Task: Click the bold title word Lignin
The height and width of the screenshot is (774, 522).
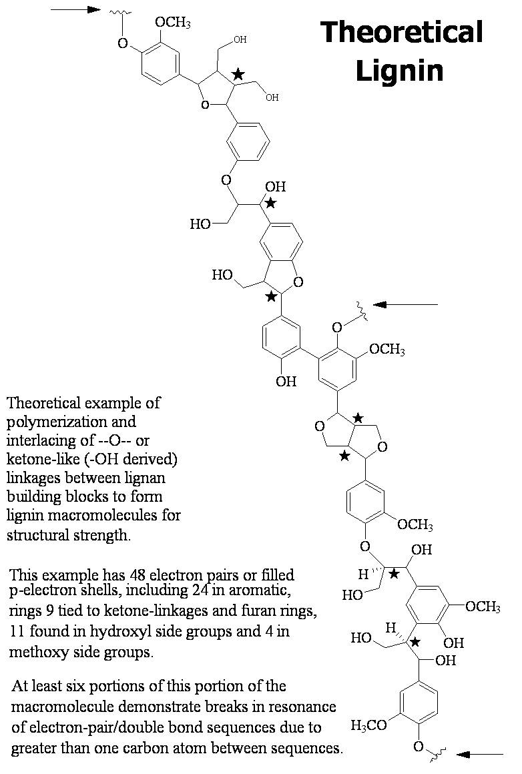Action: [x=399, y=70]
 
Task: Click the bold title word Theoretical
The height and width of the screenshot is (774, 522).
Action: [x=402, y=32]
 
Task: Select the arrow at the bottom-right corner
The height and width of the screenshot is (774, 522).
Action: [x=480, y=754]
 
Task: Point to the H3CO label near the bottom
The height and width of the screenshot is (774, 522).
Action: [x=368, y=725]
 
